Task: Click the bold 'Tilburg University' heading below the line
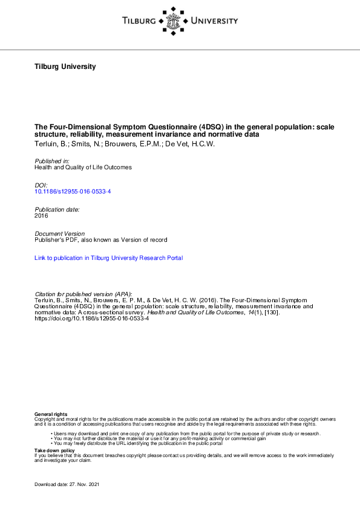(65, 66)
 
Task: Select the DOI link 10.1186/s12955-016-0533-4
(73, 191)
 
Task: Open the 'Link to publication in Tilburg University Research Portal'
(109, 258)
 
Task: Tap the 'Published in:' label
(52, 161)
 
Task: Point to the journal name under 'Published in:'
(83, 167)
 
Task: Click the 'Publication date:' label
(57, 209)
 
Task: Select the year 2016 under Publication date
(41, 215)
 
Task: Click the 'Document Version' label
(60, 233)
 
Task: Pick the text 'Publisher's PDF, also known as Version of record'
(101, 240)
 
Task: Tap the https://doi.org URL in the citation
(91, 319)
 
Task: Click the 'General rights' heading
(51, 413)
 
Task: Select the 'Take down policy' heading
(54, 450)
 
